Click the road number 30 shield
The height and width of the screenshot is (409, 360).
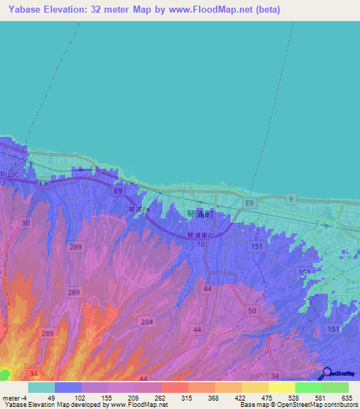click(25, 223)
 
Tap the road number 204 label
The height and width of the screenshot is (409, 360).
click(147, 321)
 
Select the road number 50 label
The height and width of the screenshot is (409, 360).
click(252, 310)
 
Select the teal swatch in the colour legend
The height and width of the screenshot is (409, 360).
click(41, 387)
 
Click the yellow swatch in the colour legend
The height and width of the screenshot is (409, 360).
click(281, 387)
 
